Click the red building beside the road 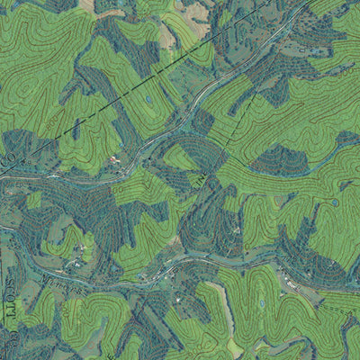click(x=113, y=160)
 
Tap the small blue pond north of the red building click(x=148, y=99)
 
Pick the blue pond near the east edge click(x=334, y=202)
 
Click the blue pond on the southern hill click(x=262, y=304)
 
